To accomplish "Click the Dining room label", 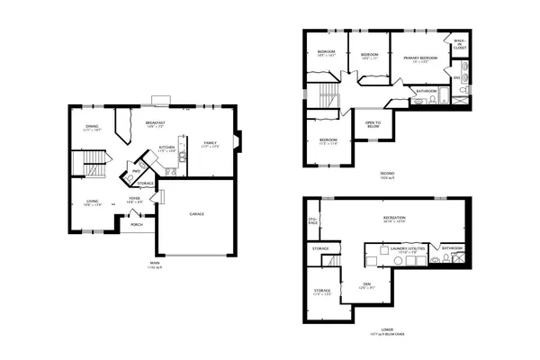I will pyautogui.click(x=92, y=128).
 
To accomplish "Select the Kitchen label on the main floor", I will pyautogui.click(x=166, y=148).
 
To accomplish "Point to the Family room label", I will pyautogui.click(x=210, y=143).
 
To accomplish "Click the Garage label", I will pyautogui.click(x=196, y=213).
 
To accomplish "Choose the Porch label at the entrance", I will pyautogui.click(x=137, y=224).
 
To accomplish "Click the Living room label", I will pyautogui.click(x=93, y=202).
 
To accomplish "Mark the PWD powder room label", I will pyautogui.click(x=136, y=171).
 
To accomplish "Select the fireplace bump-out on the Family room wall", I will pyautogui.click(x=236, y=141).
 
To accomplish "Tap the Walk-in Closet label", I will pyautogui.click(x=459, y=42).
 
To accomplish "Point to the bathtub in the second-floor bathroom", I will pyautogui.click(x=423, y=102).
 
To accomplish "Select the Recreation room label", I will pyautogui.click(x=393, y=220).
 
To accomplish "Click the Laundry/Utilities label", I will pyautogui.click(x=392, y=249).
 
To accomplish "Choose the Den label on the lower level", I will pyautogui.click(x=366, y=286).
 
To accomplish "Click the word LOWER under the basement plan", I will pyautogui.click(x=386, y=329).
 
